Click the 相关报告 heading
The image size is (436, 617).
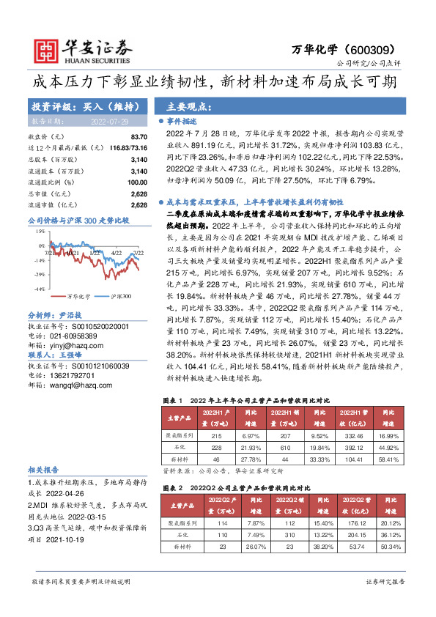point(43,469)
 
